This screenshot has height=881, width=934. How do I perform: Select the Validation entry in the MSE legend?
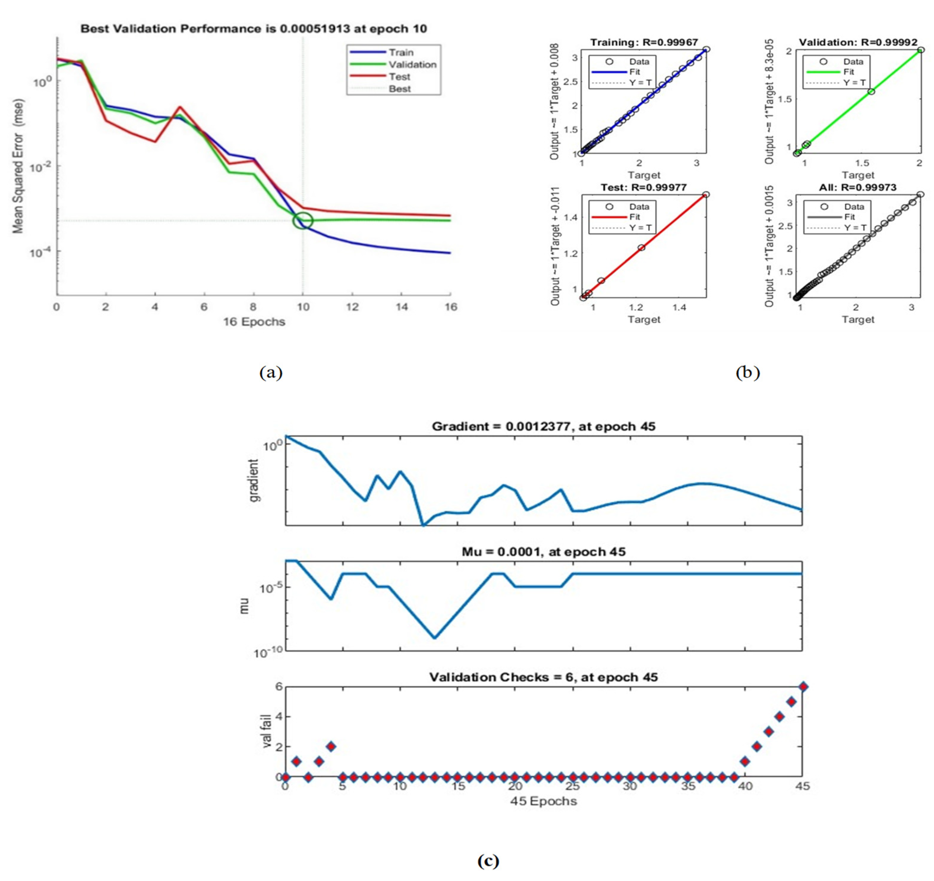pos(412,65)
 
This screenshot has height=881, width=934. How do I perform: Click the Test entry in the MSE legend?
pos(399,77)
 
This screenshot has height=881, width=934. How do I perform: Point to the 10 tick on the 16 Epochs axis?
pos(303,307)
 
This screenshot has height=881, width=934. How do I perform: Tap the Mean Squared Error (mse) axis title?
pos(18,166)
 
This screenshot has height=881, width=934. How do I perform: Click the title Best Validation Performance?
pos(254,29)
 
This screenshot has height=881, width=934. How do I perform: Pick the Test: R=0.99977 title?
pos(644,187)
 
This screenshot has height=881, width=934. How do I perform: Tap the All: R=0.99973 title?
pos(858,187)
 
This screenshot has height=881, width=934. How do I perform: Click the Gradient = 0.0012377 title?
pos(543,426)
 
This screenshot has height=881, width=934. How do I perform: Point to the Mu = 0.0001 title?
pos(543,551)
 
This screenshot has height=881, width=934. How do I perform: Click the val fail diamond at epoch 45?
pos(803,687)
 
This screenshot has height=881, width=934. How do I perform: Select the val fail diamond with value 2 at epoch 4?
pos(331,746)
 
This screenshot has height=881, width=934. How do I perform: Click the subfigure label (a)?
pos(271,373)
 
